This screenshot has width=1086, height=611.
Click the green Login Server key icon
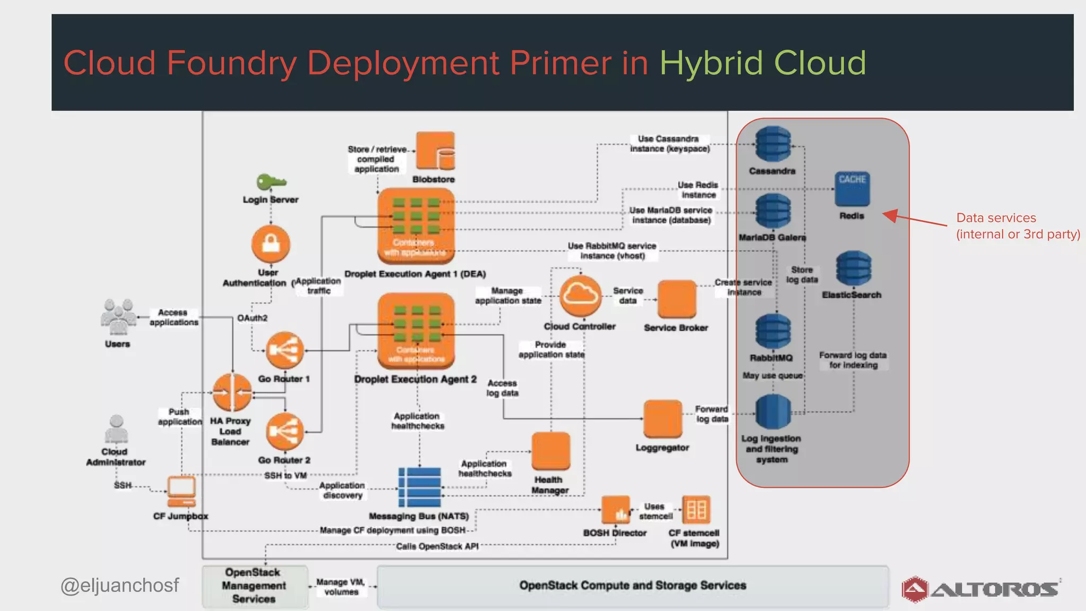click(270, 182)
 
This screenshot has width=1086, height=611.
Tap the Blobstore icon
click(435, 151)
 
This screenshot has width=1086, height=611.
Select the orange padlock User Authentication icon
click(271, 244)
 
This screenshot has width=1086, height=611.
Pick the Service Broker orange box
click(677, 300)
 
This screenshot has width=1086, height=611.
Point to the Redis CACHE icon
click(852, 189)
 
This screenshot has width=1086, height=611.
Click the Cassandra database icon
click(773, 144)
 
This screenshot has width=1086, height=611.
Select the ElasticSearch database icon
click(853, 268)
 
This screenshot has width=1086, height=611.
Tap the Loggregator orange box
click(662, 419)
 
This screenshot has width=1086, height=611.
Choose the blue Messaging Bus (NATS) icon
click(419, 487)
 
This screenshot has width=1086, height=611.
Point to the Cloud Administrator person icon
click(116, 429)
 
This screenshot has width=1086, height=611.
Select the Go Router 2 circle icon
click(285, 432)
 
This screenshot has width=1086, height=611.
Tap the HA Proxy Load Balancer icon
click(232, 392)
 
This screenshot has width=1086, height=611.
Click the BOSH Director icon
click(616, 510)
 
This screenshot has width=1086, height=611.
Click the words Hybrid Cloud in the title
click(763, 63)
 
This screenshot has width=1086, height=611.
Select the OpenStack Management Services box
click(255, 586)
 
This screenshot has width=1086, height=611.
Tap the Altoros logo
click(980, 589)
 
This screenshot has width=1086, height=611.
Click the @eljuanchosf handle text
click(120, 585)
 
